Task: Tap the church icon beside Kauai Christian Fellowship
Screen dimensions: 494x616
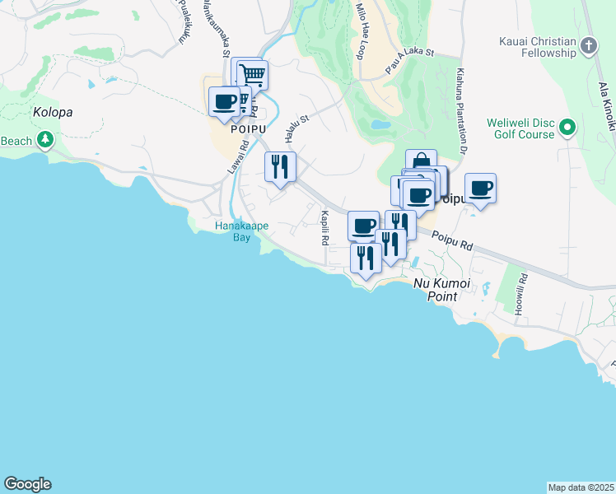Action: tap(589, 45)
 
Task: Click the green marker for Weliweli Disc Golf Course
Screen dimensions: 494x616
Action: tap(567, 128)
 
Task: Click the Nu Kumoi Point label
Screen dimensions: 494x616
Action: tap(441, 289)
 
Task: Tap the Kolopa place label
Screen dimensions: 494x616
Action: tap(53, 112)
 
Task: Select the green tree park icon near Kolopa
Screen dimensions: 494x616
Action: tap(44, 141)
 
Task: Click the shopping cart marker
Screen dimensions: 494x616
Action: tap(253, 76)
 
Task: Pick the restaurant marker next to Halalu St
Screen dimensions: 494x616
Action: tap(280, 167)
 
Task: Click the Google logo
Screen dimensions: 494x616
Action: tap(27, 484)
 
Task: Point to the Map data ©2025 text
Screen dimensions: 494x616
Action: tap(581, 487)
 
